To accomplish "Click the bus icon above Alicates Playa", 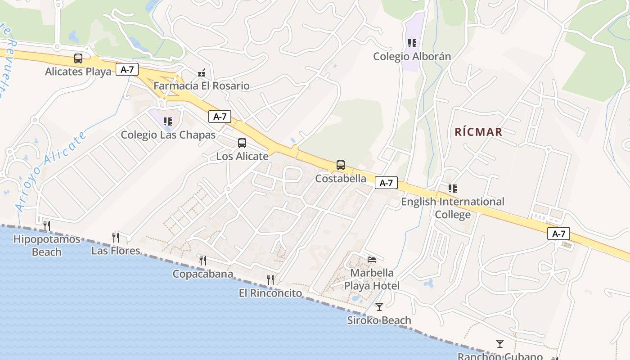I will point(78,58).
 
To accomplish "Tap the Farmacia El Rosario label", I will point(201,85).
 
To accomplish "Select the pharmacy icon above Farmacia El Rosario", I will point(202,72).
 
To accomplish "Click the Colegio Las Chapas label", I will point(168,135).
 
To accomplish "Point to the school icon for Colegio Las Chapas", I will point(168,121).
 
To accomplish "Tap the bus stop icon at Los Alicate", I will point(242,143).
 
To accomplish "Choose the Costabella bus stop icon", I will point(341,165).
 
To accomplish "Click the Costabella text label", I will point(341,178).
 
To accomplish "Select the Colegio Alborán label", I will point(412,56).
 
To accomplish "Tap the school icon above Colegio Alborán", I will point(412,43).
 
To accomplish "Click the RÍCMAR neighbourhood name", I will point(478,132).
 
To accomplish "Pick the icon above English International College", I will point(452,189).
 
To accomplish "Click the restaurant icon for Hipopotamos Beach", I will point(47,225).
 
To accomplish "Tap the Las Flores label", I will point(116,251).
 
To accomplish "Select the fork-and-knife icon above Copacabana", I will point(203,260).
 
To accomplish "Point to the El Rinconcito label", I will point(270,293).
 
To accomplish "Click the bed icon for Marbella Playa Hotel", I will point(372,259).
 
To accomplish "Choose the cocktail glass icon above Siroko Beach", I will point(379,307).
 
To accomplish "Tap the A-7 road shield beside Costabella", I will point(386,183).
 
